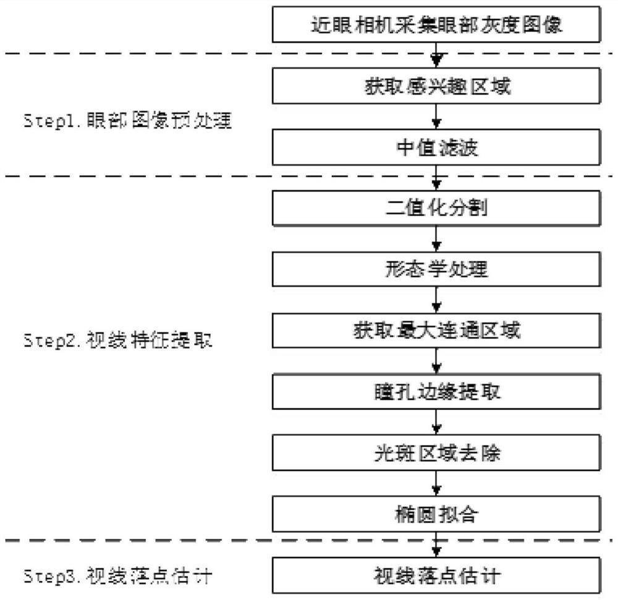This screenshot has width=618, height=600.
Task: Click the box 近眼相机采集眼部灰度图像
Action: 436,26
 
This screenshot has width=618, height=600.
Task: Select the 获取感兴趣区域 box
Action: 436,87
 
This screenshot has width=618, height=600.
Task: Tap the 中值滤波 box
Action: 436,148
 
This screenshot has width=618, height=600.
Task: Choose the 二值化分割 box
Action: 436,208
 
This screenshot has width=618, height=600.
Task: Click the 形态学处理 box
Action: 436,269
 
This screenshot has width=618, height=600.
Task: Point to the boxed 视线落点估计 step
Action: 436,576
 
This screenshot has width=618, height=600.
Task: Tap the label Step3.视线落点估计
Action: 117,576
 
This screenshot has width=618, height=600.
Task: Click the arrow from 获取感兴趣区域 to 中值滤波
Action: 437,117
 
